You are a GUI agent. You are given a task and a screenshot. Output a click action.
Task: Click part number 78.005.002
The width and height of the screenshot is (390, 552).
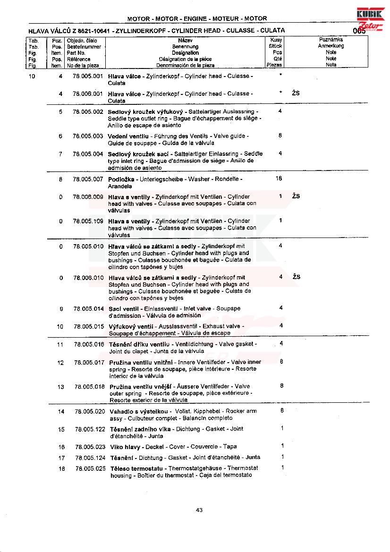[88, 111]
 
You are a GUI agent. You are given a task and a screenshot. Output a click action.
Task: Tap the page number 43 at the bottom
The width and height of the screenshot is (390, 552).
[199, 510]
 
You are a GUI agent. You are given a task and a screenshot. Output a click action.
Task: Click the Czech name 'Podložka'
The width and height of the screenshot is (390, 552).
[122, 179]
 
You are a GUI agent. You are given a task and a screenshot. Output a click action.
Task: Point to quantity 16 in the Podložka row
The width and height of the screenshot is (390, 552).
[279, 178]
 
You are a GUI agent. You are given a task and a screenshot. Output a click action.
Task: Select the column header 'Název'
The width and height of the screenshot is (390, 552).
[185, 41]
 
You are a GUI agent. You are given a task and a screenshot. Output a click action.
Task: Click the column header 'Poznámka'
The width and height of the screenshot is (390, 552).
[331, 40]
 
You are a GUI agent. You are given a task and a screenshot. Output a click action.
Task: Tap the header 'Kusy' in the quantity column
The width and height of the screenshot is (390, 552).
[276, 40]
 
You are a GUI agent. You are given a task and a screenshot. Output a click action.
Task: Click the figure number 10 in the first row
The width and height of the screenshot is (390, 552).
[32, 76]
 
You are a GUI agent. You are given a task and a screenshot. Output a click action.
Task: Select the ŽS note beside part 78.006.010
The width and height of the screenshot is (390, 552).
[296, 277]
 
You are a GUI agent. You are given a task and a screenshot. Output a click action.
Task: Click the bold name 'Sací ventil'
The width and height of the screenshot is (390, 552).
[122, 309]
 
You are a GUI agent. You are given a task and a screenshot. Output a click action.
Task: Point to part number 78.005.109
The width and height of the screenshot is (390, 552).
[88, 221]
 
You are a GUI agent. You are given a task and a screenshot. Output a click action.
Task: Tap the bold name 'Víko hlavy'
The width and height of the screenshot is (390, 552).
[125, 446]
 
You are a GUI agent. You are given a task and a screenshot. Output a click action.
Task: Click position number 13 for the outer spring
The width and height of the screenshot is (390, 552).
[60, 387]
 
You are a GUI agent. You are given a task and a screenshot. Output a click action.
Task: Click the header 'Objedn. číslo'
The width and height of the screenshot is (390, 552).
[82, 41]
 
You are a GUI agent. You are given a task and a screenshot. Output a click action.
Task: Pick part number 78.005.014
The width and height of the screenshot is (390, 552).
[88, 309]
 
